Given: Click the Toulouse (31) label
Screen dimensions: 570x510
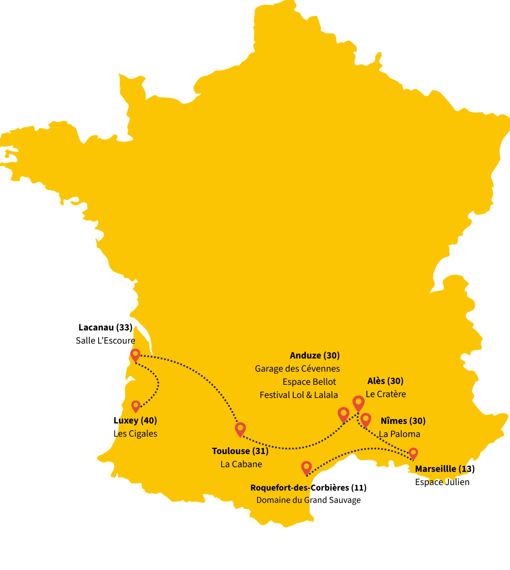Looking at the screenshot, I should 240,451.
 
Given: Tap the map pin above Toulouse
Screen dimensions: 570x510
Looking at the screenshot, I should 240,429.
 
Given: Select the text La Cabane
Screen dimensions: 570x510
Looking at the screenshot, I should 241,464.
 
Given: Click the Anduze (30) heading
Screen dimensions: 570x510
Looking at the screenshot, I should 314,356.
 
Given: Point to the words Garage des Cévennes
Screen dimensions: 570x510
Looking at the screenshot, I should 297,369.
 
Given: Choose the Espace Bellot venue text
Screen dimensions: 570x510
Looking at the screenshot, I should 309,382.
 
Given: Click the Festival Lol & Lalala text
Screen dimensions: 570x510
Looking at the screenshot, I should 298,395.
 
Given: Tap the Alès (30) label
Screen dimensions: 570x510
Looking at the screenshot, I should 385,381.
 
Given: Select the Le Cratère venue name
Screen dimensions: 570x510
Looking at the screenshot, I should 385,394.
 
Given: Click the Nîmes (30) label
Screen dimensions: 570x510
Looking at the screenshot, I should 403,421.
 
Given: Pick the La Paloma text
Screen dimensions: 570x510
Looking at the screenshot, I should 399,434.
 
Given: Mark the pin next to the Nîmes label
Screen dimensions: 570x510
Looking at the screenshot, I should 365,419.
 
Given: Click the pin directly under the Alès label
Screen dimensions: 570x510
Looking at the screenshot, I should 358,402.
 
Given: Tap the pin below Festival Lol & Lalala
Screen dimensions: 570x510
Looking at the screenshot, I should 343,414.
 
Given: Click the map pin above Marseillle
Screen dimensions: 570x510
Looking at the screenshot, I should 413,453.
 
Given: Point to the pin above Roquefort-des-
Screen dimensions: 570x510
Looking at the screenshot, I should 306,467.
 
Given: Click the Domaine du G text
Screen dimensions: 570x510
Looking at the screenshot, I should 283,500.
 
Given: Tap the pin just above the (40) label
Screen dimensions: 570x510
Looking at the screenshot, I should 136,406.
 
